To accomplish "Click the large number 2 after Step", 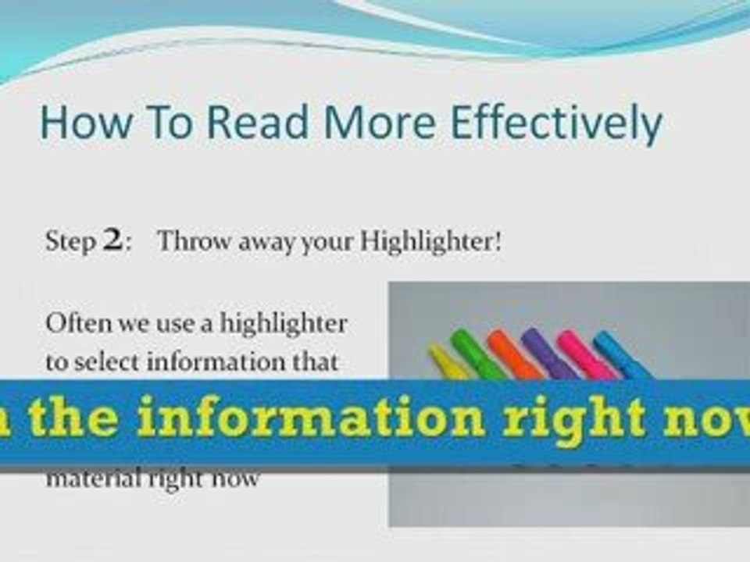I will (112, 241).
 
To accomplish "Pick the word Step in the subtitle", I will (70, 242).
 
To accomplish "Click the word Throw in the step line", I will (184, 242).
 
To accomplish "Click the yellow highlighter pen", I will (448, 364).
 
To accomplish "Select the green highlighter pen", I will (477, 356).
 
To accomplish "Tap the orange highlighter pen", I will (512, 355).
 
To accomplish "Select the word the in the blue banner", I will (70, 420).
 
